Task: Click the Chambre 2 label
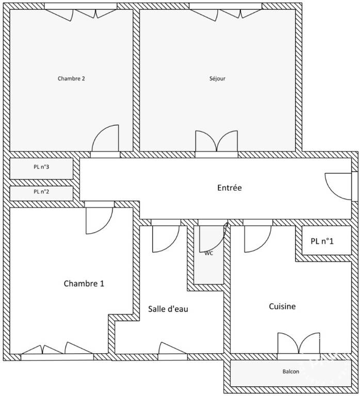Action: (71, 78)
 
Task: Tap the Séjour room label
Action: (217, 78)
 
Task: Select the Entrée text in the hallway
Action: (230, 188)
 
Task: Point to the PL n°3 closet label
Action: (41, 167)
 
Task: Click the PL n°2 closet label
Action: (41, 192)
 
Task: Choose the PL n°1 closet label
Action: (322, 241)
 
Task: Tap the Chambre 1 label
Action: (84, 284)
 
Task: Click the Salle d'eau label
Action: (168, 309)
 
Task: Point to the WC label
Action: (209, 253)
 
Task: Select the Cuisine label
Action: (282, 306)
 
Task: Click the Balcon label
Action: (291, 371)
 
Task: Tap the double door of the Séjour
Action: (217, 141)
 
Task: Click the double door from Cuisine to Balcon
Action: (299, 343)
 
